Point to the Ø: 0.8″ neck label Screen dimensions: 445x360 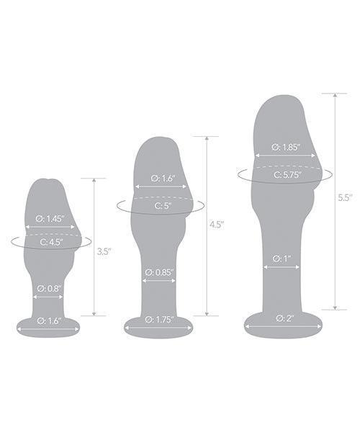(x=50, y=289)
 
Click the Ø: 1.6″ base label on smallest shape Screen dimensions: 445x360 (x=50, y=320)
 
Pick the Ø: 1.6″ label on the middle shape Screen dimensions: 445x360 (x=161, y=177)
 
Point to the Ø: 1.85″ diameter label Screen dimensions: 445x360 (x=286, y=147)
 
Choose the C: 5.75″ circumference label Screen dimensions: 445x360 (x=286, y=174)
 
